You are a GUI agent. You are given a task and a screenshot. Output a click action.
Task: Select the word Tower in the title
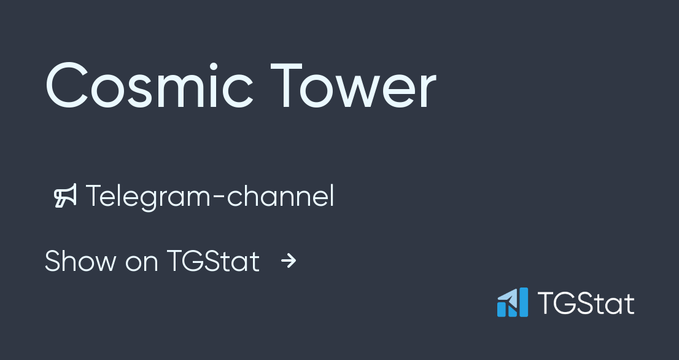(353, 86)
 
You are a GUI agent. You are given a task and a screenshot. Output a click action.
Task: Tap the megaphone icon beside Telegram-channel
(65, 196)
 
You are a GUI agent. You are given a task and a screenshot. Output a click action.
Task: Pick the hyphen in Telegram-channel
(220, 198)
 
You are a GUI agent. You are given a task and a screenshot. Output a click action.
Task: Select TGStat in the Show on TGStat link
(213, 261)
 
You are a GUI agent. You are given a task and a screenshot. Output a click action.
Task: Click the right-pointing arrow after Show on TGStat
(289, 261)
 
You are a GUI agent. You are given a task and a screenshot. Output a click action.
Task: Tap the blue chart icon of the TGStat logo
(512, 302)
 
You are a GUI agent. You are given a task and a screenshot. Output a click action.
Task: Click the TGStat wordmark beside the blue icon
(586, 303)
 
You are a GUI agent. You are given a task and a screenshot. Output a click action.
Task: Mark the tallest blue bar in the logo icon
(522, 302)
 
